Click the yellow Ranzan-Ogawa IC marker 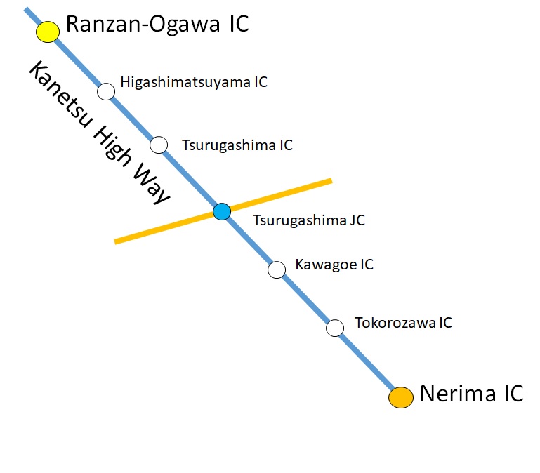click(48, 32)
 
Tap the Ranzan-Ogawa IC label click(157, 25)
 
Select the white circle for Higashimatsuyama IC click(106, 91)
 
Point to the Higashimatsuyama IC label click(194, 82)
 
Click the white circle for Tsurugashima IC click(159, 145)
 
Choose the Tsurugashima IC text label click(237, 146)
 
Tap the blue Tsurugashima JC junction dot click(222, 211)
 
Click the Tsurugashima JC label click(309, 220)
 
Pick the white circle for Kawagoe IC click(277, 269)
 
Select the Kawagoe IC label click(334, 265)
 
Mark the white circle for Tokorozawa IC click(335, 328)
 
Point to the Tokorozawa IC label click(403, 323)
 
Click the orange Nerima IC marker click(401, 397)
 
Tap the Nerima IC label click(471, 394)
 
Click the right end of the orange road click(329, 182)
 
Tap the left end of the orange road click(117, 242)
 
